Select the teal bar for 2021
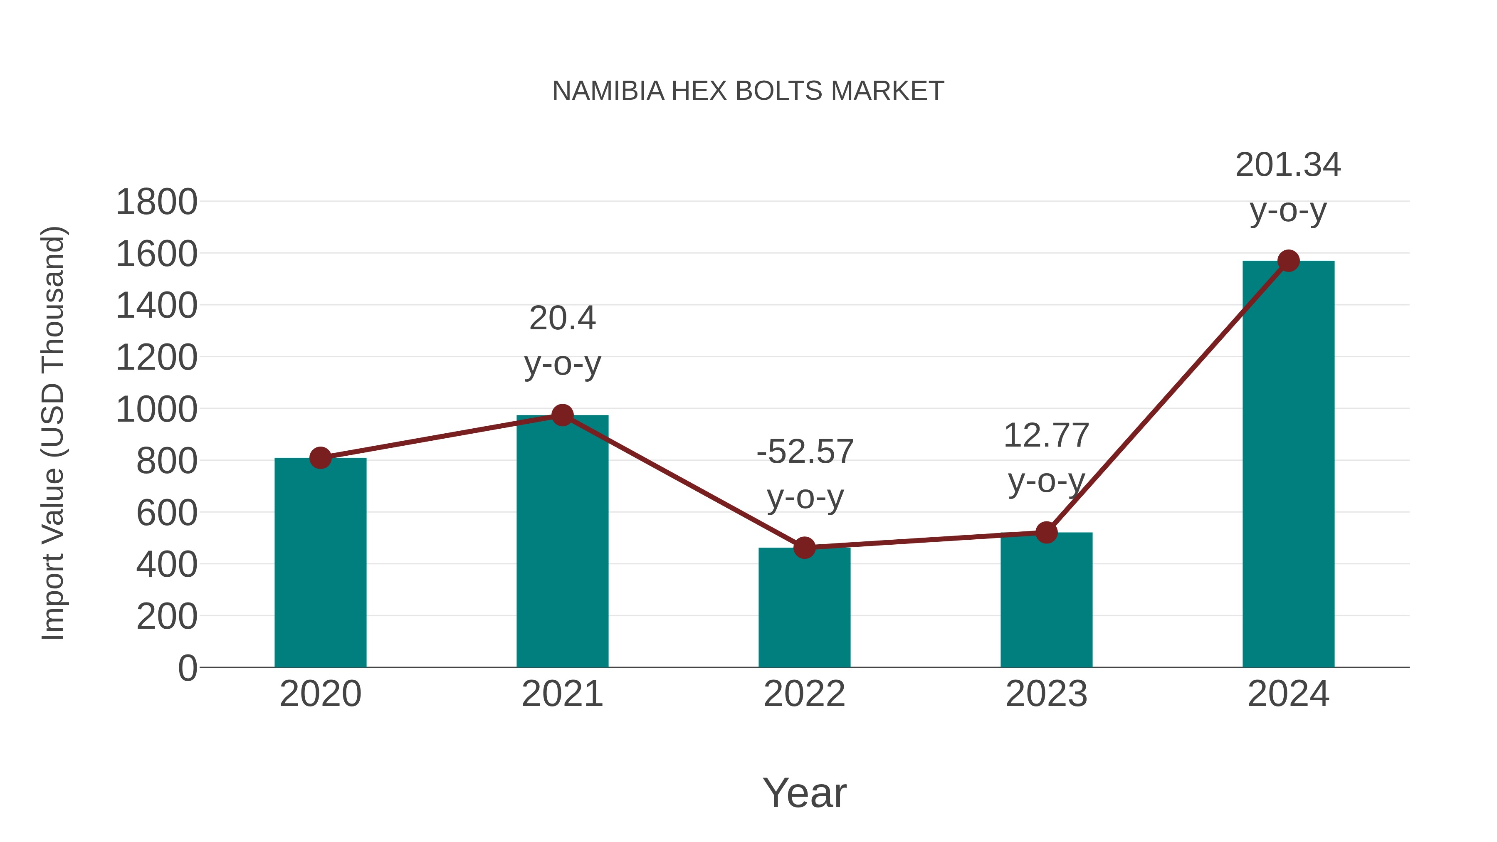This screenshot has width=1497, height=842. coord(562,541)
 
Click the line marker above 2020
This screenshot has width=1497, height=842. coord(320,458)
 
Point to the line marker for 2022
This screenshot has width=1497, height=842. coord(804,547)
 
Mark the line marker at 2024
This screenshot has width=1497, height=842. coord(1288,261)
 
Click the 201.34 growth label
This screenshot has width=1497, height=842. coord(1288,165)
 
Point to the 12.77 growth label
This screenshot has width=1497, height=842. coord(1046,436)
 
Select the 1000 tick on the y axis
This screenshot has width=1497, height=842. coord(156,409)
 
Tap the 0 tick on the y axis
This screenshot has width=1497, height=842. coord(187,668)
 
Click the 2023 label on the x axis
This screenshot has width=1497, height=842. coord(1046,694)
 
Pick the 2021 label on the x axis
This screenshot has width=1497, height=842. coord(562,694)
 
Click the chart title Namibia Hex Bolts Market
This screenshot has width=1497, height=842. coord(748,91)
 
